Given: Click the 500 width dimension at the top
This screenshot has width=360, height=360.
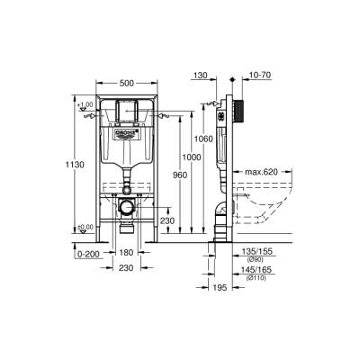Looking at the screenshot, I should pyautogui.click(x=129, y=83).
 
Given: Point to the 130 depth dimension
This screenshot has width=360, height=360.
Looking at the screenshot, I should pyautogui.click(x=200, y=77).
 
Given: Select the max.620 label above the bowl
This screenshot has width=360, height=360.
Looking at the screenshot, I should pyautogui.click(x=265, y=171).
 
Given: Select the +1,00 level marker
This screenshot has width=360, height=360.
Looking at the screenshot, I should pyautogui.click(x=86, y=105).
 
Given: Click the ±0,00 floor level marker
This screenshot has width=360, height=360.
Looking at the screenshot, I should pyautogui.click(x=86, y=227).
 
